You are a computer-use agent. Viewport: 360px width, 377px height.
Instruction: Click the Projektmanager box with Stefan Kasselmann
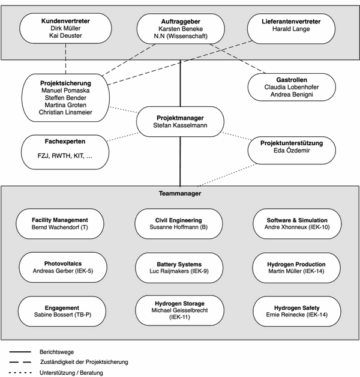[180, 122]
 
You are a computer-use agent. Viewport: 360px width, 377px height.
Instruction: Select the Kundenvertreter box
[65, 28]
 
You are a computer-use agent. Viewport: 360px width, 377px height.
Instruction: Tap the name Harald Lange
[291, 29]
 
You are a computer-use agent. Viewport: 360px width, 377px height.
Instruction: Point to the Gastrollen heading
[292, 80]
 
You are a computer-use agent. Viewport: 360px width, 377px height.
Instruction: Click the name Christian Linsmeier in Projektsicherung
[65, 112]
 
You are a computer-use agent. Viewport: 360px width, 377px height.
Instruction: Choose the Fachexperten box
[65, 152]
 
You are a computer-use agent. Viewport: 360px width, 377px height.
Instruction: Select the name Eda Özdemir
[292, 151]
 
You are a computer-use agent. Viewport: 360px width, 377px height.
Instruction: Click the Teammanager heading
[180, 193]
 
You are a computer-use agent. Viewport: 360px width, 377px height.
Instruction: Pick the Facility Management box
[60, 223]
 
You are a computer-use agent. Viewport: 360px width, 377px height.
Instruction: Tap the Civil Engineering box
[179, 223]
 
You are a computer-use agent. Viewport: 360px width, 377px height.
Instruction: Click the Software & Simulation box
[297, 223]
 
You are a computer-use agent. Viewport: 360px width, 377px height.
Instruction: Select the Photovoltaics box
[63, 267]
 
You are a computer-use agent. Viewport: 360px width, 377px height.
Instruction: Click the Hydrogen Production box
[296, 268]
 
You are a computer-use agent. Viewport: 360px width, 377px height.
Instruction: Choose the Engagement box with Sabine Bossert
[62, 311]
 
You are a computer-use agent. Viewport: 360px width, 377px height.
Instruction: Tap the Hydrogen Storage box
[179, 310]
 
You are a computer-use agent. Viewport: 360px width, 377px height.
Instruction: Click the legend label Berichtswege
[57, 352]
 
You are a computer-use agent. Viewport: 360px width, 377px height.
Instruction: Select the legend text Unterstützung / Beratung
[71, 373]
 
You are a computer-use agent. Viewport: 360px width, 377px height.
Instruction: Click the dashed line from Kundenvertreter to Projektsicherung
[65, 59]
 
